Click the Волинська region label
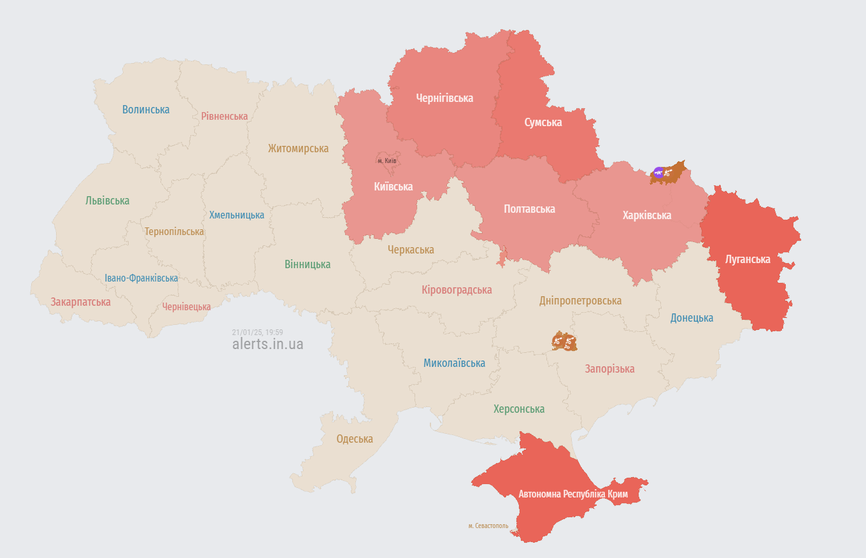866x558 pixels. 146,110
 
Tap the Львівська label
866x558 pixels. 107,201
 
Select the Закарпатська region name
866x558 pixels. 80,302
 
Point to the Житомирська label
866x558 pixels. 298,148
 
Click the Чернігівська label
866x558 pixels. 444,98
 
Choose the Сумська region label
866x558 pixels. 543,122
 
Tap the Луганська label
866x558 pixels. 748,259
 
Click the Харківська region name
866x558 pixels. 646,215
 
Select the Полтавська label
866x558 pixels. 529,209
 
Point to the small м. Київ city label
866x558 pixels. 387,161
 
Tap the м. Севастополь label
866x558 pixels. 488,526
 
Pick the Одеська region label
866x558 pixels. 354,439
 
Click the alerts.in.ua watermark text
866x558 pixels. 267,344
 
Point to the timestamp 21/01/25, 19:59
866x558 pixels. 257,332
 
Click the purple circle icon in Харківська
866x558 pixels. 658,172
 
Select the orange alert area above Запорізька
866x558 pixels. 564,341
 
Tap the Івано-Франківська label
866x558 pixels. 141,278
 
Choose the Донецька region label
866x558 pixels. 692,318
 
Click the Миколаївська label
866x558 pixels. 454,363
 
